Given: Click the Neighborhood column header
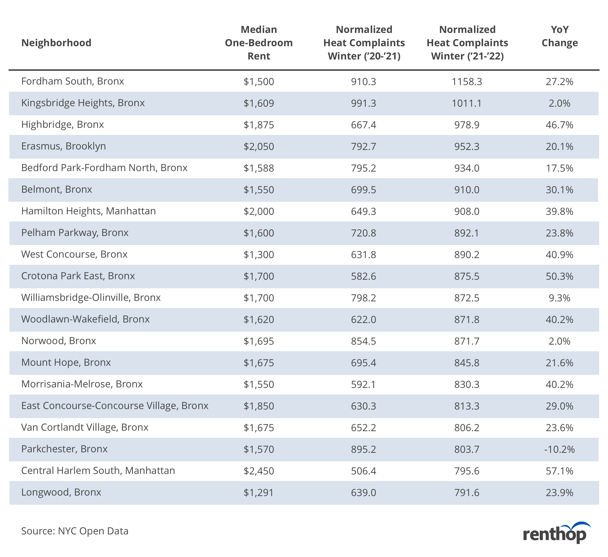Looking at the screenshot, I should (x=56, y=43).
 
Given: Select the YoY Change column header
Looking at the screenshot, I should (x=560, y=36).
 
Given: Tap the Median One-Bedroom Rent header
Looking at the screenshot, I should (x=259, y=43).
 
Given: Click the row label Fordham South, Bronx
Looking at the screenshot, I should (x=73, y=81).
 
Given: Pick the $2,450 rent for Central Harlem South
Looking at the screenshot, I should (x=259, y=471).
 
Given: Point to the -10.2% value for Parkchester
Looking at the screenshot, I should (x=560, y=449).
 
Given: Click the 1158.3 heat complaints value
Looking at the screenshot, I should (x=467, y=82).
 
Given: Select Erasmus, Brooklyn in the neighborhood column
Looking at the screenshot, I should (x=64, y=146).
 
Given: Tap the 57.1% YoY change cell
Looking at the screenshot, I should (x=560, y=471).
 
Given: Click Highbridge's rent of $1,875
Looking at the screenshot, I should (x=259, y=125).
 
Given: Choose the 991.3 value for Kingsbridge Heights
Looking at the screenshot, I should (x=364, y=103).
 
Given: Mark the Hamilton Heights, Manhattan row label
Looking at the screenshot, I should (x=88, y=211).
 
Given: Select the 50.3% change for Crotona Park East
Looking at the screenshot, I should (x=560, y=276).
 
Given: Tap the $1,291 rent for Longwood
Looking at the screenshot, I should (x=259, y=493).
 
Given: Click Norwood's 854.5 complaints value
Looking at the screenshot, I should (x=364, y=341).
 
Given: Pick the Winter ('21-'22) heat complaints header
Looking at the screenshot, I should (x=467, y=43).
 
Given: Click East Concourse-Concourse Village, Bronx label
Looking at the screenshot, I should (x=115, y=406).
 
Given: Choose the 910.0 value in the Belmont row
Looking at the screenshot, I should (x=467, y=190).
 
